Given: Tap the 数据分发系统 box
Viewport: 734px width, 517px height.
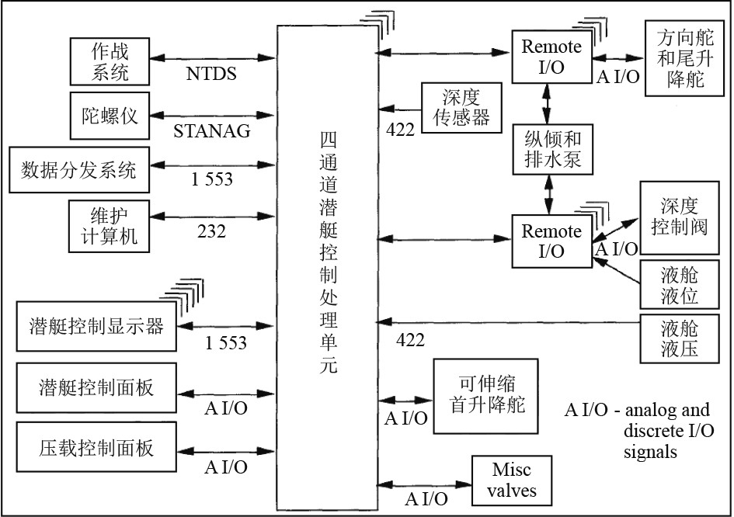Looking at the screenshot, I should tap(78, 168).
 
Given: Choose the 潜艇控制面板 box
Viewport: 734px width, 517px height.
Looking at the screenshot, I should tap(96, 386).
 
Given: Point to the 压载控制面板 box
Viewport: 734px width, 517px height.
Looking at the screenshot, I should tap(96, 447).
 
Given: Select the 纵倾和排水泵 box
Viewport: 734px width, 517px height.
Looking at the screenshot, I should tap(551, 150).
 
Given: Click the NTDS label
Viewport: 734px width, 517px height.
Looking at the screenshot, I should tap(211, 75).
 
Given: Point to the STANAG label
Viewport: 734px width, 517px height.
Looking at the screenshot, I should tap(212, 130).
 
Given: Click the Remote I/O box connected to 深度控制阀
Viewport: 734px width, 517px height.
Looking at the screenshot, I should tap(551, 241).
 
